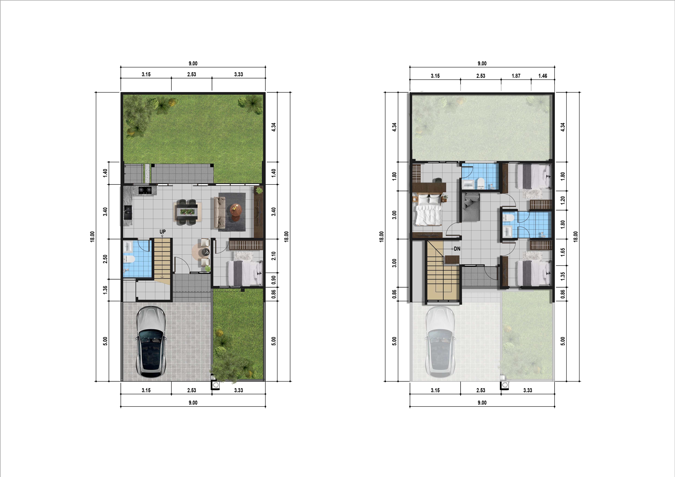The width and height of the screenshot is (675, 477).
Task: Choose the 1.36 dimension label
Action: coord(105,290)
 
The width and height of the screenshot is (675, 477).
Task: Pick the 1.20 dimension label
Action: coord(562,200)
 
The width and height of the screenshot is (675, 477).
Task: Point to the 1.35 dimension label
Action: coord(562,276)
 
